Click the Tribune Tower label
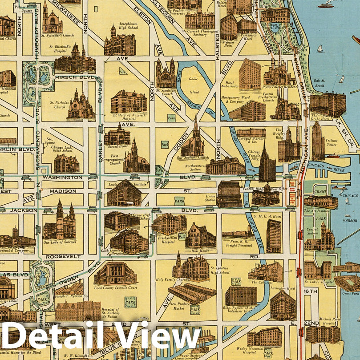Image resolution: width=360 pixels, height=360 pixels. coord(332,143)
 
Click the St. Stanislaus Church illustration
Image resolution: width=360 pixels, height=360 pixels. coord(165,73)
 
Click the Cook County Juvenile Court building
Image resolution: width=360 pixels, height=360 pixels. coord(115,273)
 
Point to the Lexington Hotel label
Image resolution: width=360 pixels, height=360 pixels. coord(282,288)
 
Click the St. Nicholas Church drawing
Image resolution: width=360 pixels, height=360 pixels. coord(81,106)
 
